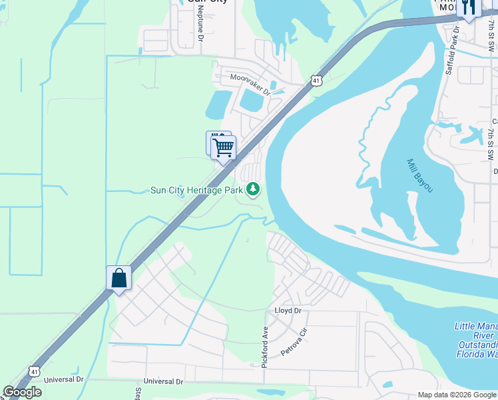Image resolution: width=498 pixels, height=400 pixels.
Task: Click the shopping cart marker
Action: (x=224, y=147)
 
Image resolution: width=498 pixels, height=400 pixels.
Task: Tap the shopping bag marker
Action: (x=119, y=277)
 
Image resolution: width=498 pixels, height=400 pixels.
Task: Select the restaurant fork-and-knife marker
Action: (x=469, y=7)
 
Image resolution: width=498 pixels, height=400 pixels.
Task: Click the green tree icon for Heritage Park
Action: (x=253, y=190)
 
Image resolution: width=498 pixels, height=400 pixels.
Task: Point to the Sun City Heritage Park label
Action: (x=196, y=190)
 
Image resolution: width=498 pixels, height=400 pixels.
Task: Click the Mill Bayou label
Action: (x=420, y=176)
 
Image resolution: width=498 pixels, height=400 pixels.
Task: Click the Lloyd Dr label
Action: (x=288, y=311)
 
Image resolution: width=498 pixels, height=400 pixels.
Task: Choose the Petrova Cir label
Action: (x=294, y=341)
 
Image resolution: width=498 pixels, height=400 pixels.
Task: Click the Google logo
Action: (x=23, y=392)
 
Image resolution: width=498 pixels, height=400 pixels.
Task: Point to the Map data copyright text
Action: (x=457, y=395)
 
